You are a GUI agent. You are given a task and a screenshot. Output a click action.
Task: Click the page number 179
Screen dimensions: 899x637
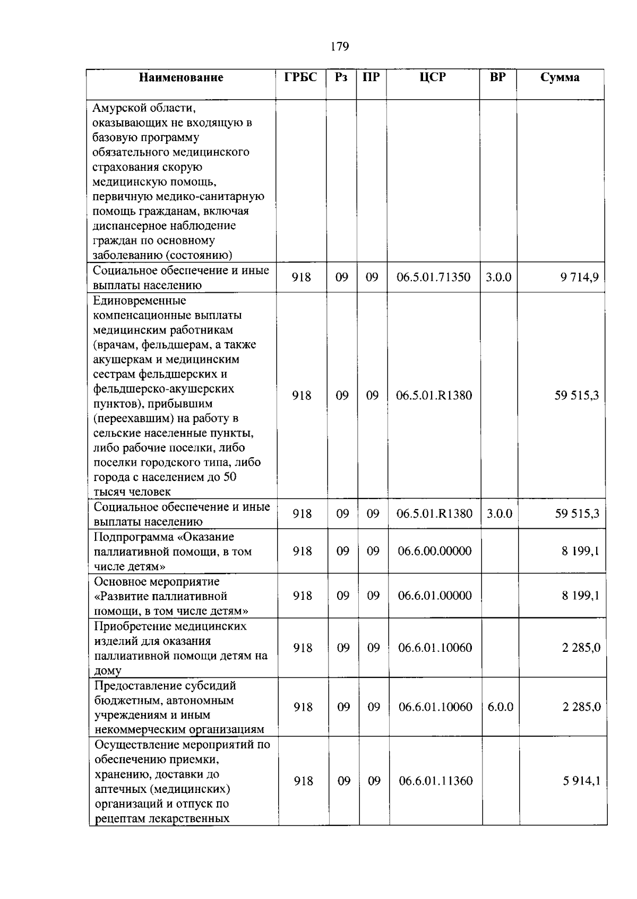coord(339,47)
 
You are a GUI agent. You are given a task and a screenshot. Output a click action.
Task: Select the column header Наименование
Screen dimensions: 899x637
coord(181,78)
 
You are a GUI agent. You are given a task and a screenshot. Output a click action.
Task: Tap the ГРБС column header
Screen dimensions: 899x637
coord(300,77)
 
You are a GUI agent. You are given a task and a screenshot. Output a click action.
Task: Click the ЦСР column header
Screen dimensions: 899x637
coord(433,77)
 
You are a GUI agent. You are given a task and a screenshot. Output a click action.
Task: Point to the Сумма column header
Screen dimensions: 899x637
coord(560,77)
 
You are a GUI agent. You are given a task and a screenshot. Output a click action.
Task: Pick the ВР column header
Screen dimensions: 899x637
coord(497,77)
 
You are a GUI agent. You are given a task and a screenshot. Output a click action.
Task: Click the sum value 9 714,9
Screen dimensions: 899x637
coord(580,277)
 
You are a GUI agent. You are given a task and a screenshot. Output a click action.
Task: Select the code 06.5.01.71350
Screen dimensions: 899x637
coord(433,277)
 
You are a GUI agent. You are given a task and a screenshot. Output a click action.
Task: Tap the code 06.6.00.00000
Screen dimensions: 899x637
coord(435,551)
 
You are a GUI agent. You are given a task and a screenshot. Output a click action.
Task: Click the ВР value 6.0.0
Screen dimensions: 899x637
coord(500,707)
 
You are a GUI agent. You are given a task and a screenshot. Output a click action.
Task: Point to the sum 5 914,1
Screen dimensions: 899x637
coord(582,781)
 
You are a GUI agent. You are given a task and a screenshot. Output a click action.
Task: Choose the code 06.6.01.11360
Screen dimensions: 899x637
coord(436,781)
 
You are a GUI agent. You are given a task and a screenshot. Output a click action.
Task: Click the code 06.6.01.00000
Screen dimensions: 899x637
coord(435,596)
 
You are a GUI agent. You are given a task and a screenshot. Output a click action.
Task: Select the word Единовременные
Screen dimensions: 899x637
coord(140,301)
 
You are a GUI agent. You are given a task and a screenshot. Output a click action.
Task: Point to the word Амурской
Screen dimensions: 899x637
coord(117,108)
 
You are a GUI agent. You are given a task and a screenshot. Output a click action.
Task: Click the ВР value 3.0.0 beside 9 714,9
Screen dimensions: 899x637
coord(498,277)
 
